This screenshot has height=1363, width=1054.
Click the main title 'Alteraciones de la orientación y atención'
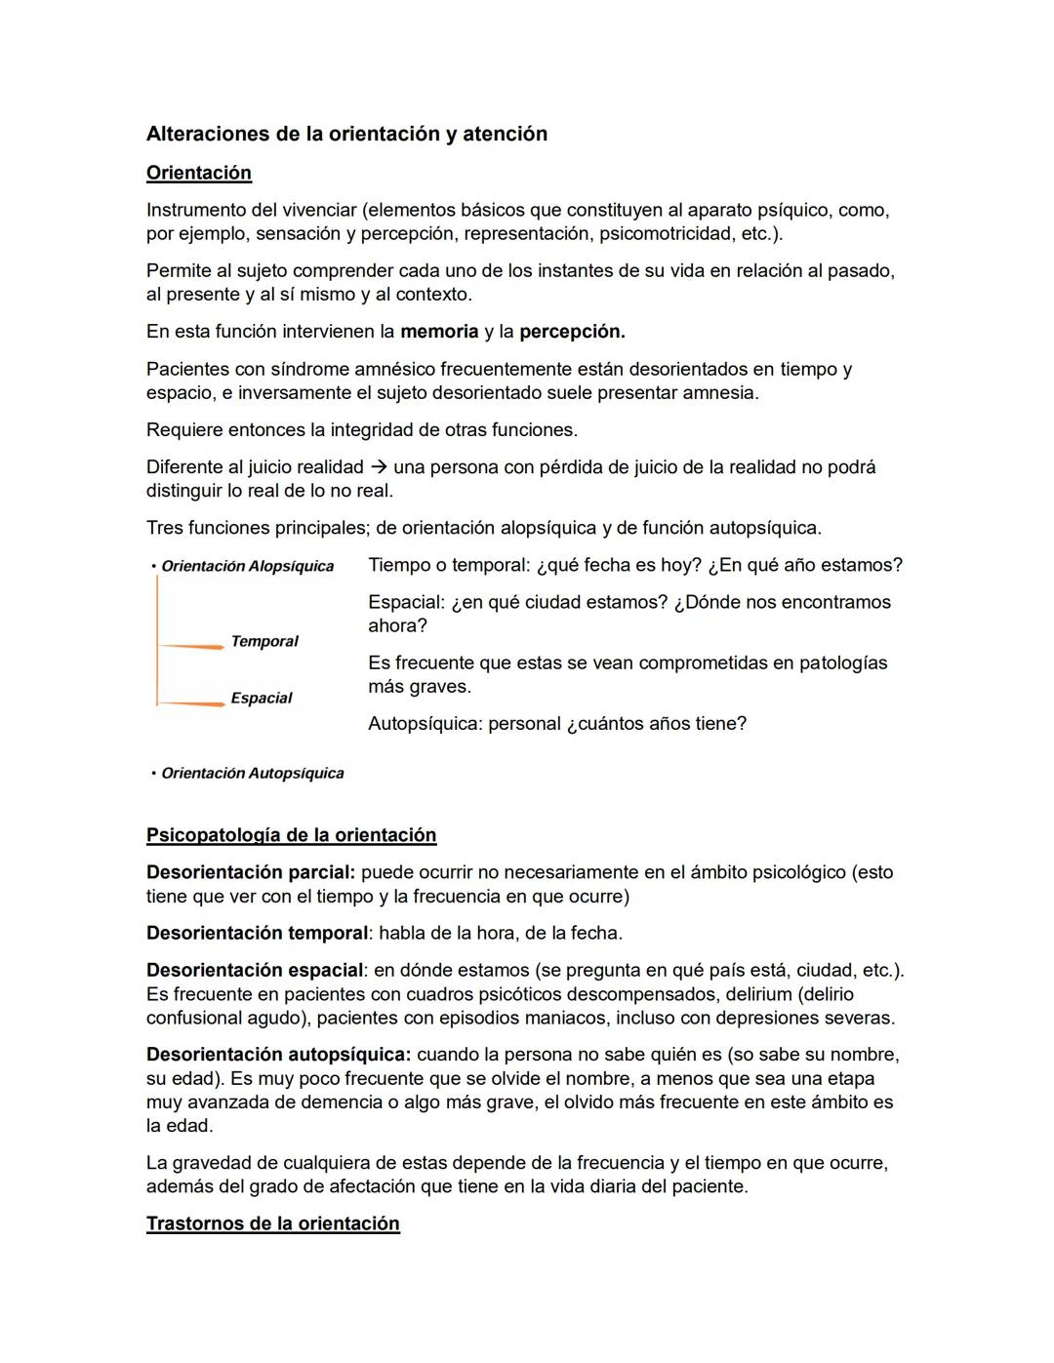pyautogui.click(x=346, y=135)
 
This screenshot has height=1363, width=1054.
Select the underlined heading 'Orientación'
pyautogui.click(x=199, y=174)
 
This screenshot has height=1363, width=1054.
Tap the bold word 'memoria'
pyautogui.click(x=439, y=332)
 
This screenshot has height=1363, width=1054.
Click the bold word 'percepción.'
pyautogui.click(x=572, y=332)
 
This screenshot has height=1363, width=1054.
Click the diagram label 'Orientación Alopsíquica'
pyautogui.click(x=247, y=567)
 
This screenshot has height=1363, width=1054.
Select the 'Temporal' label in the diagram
pyautogui.click(x=264, y=642)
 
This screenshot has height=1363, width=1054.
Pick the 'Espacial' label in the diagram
pyautogui.click(x=262, y=699)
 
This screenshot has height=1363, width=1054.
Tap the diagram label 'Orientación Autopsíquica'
pyautogui.click(x=252, y=774)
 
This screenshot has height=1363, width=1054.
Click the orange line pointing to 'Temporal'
pyautogui.click(x=191, y=647)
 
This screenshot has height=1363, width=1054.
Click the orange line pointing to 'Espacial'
pyautogui.click(x=191, y=703)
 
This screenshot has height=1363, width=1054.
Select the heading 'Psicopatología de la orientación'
pyautogui.click(x=291, y=836)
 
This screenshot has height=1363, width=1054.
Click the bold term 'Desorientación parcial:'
pyautogui.click(x=251, y=873)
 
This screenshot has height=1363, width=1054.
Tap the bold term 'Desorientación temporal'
pyautogui.click(x=257, y=934)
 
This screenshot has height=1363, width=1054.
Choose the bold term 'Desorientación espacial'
pyautogui.click(x=255, y=971)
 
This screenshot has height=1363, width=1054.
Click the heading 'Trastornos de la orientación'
pyautogui.click(x=272, y=1224)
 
